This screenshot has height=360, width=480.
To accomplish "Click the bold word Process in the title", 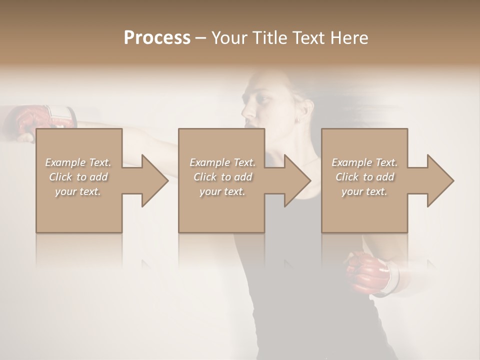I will point(157,37).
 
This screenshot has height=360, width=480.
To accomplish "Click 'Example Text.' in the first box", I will point(78,162).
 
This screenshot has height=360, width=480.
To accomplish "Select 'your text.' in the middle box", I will point(222,191).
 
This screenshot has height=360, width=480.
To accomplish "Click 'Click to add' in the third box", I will point(364,177).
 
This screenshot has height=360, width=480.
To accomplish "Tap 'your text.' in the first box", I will point(78,191).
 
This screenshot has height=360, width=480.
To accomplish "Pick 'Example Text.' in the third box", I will point(364,162).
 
